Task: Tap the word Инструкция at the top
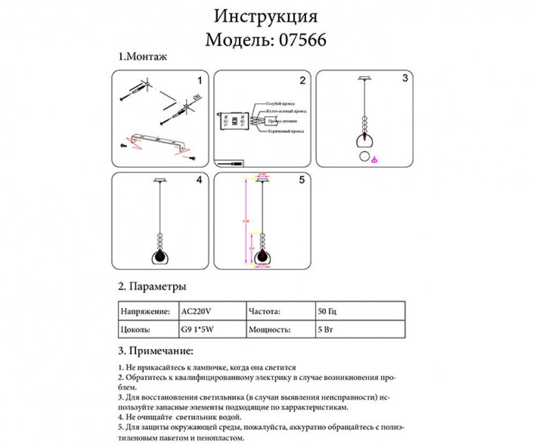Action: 266,16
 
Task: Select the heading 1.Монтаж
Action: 143,57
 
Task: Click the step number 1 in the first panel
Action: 199,81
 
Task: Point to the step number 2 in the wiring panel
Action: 302,81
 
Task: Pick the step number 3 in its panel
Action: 405,78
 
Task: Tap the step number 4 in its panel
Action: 199,181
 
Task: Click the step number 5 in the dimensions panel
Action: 302,181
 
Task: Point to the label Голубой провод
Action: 280,103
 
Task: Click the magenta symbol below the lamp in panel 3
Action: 375,159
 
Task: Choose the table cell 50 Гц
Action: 327,311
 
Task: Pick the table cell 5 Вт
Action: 325,330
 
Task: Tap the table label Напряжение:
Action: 145,311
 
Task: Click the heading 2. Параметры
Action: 152,287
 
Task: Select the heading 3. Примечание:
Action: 155,351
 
